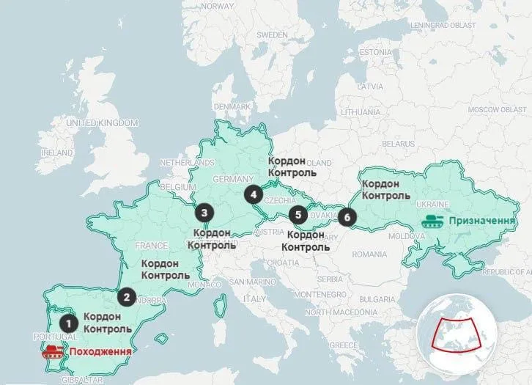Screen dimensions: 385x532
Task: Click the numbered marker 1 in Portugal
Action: coord(68,321)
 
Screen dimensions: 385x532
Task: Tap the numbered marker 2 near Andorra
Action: coord(127,297)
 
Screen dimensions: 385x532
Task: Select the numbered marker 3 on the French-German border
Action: coord(204,213)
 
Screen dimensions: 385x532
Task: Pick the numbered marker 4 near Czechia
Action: coord(254,194)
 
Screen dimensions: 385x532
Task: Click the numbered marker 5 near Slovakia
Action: coord(297,215)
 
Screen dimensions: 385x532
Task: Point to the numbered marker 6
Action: coord(347,217)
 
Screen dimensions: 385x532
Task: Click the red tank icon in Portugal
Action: coord(53,351)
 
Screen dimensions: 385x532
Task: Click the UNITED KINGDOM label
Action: coord(102,122)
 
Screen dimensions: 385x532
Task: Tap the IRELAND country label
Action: coord(57,153)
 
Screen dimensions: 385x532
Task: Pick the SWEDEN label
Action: coord(273,34)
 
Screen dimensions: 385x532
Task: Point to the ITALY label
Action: coord(255,298)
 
